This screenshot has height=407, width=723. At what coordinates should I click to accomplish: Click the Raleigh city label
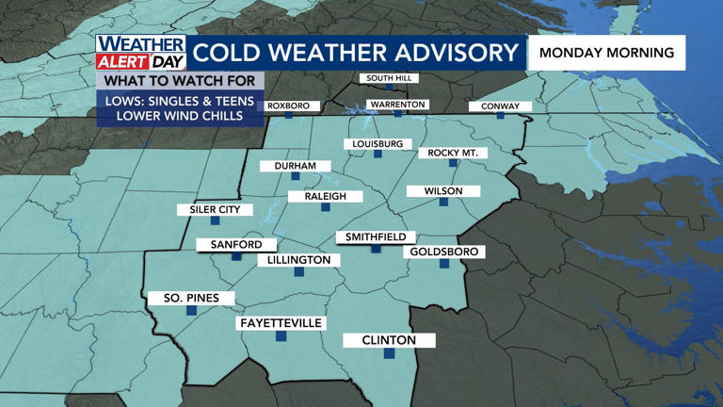[325, 196]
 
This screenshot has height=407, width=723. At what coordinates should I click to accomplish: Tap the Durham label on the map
[296, 166]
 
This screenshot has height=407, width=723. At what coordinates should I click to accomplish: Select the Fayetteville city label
[281, 323]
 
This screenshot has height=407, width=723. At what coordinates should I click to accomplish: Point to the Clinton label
[389, 340]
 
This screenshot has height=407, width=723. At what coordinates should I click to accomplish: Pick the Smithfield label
[376, 237]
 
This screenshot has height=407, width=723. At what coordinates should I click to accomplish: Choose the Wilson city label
[443, 191]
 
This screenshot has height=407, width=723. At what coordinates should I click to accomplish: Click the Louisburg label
[377, 144]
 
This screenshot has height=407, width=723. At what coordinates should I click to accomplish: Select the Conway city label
[500, 106]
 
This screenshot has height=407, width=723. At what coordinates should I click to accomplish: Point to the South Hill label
[388, 77]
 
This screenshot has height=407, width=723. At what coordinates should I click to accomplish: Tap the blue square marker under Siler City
[215, 220]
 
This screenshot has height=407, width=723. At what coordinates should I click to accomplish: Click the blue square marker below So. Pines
[191, 310]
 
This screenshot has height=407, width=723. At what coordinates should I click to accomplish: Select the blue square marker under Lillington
[298, 271]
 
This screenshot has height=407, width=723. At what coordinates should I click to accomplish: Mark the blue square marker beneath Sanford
[236, 256]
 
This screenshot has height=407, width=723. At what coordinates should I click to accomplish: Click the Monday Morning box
[606, 53]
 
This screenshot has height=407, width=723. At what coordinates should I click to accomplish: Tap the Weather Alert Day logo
[141, 53]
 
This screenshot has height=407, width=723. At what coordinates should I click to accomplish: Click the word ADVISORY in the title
[445, 53]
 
